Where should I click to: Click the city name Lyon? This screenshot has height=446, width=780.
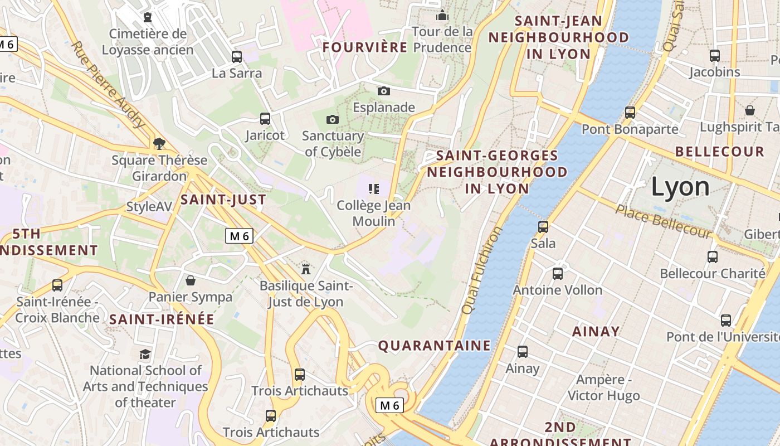(680, 187)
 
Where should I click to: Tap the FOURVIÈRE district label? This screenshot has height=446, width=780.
(365, 47)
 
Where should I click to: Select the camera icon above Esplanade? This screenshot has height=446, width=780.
(384, 91)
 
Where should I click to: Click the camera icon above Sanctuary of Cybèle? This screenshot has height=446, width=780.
(333, 119)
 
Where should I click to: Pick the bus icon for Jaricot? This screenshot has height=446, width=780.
(265, 118)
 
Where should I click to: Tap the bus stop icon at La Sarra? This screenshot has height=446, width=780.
(237, 56)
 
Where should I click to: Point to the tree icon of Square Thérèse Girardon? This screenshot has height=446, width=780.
(159, 144)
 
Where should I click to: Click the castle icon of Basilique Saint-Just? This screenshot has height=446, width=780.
(306, 269)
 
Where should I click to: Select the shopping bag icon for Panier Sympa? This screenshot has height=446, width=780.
(191, 280)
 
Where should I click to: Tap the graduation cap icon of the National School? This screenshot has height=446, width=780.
(145, 354)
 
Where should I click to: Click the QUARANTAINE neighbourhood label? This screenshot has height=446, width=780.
(435, 346)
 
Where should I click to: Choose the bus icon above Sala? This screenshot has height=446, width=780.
(543, 226)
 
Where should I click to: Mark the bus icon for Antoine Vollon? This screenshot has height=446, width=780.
(558, 273)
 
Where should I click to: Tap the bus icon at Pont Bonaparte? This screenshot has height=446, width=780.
(630, 112)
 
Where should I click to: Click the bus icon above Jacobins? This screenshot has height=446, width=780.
(715, 55)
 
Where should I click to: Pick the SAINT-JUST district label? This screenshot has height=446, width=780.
(223, 199)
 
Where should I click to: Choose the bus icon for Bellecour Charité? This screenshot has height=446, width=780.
(713, 256)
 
